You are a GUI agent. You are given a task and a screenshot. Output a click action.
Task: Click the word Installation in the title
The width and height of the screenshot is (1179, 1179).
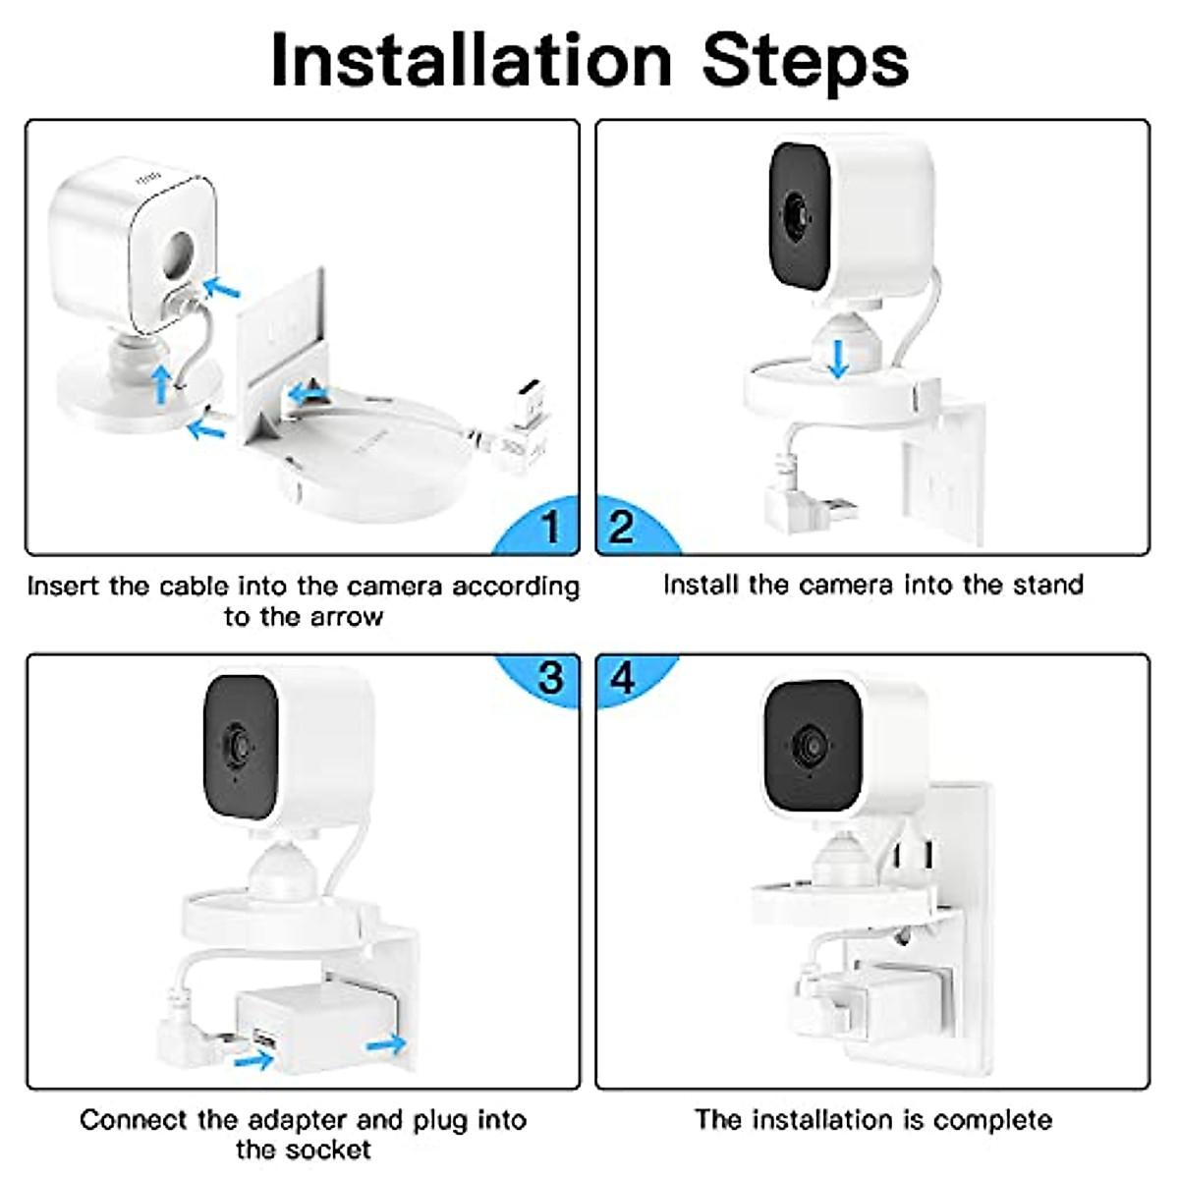pyautogui.click(x=470, y=61)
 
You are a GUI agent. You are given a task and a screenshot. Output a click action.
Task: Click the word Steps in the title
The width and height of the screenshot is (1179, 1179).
pyautogui.click(x=805, y=61)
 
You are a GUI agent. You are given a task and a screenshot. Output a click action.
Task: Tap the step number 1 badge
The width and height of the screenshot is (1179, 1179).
pyautogui.click(x=548, y=528)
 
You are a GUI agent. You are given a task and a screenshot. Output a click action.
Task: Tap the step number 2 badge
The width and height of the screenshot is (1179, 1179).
pyautogui.click(x=622, y=528)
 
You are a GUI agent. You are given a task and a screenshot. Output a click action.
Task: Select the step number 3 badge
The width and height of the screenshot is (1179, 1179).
pyautogui.click(x=549, y=678)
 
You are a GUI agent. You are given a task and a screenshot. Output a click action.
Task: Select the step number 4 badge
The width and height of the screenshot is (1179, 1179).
pyautogui.click(x=623, y=678)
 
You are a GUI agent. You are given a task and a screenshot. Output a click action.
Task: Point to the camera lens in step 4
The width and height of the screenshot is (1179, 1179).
pyautogui.click(x=808, y=744)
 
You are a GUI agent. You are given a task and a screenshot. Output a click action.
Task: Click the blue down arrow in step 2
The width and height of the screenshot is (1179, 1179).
pyautogui.click(x=837, y=358)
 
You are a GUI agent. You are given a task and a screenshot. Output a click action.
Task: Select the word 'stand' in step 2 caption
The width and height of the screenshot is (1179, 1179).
pyautogui.click(x=1047, y=585)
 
